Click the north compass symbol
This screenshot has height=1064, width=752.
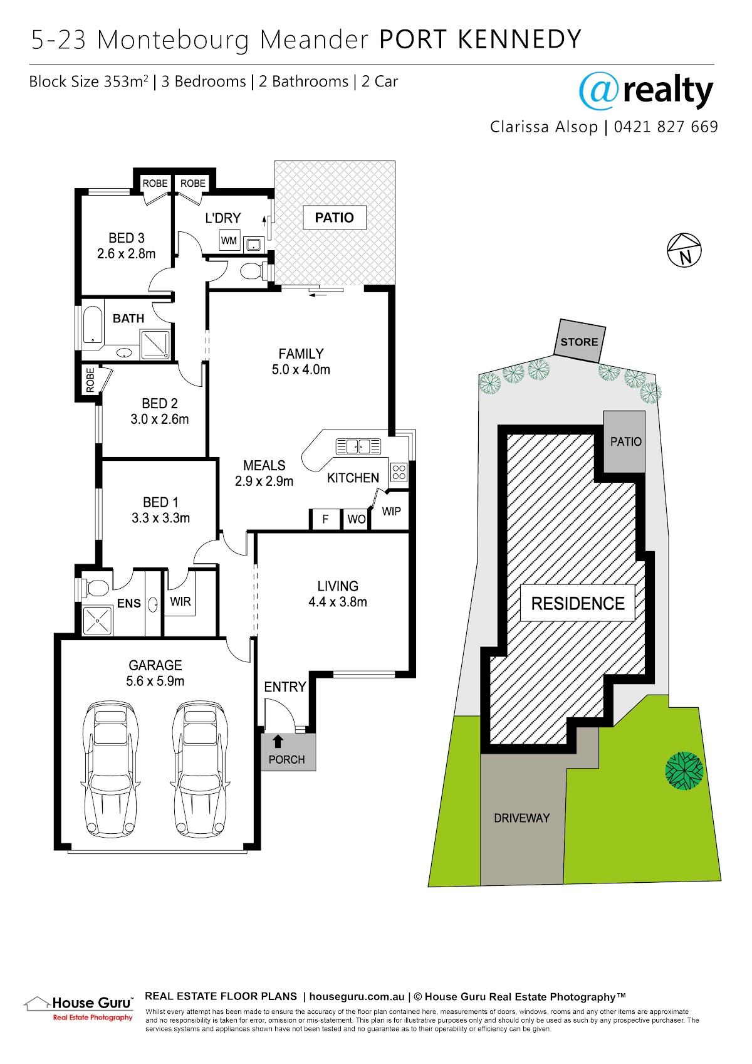tap(684, 250)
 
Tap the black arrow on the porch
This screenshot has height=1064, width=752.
tap(278, 742)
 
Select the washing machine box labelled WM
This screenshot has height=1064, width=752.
tap(229, 240)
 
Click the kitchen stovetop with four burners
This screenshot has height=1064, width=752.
tap(399, 472)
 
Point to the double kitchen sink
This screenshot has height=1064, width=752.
tap(358, 446)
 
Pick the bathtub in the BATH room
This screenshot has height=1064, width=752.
tap(93, 325)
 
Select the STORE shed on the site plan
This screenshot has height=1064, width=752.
tap(580, 341)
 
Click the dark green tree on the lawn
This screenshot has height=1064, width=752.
tap(684, 771)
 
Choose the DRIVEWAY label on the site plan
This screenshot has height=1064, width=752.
tap(522, 818)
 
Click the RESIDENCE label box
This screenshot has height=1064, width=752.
tap(578, 603)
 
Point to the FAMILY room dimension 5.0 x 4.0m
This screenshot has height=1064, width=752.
tap(301, 369)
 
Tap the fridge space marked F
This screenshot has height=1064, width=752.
tap(325, 519)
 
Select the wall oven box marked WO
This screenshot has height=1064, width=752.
tap(356, 519)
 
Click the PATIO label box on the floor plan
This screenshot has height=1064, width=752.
tap(335, 218)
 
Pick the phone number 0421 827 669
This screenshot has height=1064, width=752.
tap(666, 127)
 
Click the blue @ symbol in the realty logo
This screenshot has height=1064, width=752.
tap(598, 91)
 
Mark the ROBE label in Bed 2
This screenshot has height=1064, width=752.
tap(90, 380)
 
